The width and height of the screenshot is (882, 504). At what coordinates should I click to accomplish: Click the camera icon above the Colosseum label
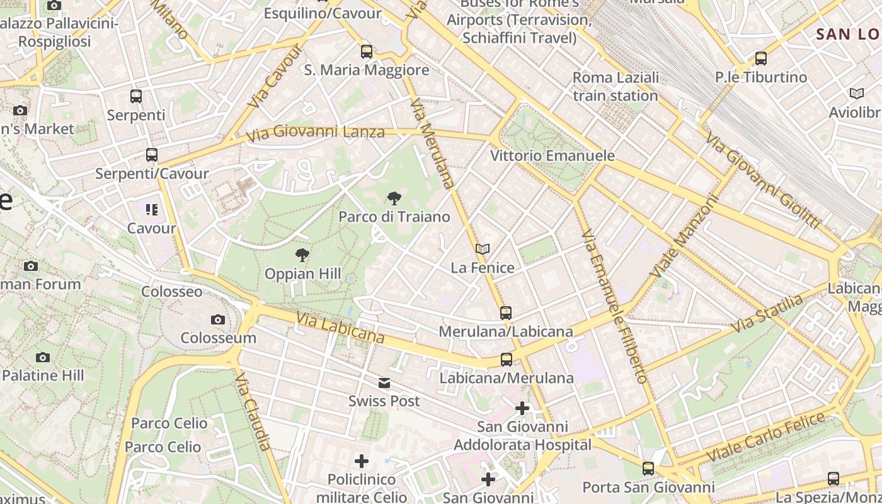pyautogui.click(x=218, y=319)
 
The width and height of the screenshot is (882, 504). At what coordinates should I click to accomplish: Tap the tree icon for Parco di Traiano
pyautogui.click(x=394, y=199)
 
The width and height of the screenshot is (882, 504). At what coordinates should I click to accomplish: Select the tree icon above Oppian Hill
pyautogui.click(x=302, y=255)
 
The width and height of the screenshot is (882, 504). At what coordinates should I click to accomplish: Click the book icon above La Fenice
pyautogui.click(x=483, y=249)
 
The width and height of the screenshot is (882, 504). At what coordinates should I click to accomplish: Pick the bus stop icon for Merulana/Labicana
pyautogui.click(x=505, y=312)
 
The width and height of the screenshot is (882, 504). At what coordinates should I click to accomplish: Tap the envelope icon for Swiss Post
pyautogui.click(x=384, y=383)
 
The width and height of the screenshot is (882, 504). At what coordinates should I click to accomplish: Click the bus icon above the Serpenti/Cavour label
pyautogui.click(x=151, y=155)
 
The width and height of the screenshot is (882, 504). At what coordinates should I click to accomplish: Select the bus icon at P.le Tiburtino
pyautogui.click(x=761, y=59)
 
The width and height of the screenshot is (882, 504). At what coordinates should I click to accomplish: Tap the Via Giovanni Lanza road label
pyautogui.click(x=315, y=134)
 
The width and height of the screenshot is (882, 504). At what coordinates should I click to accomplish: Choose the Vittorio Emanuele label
pyautogui.click(x=553, y=156)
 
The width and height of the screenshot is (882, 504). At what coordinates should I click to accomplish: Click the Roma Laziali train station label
pyautogui.click(x=616, y=86)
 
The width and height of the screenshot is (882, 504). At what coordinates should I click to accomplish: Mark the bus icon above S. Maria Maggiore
pyautogui.click(x=367, y=52)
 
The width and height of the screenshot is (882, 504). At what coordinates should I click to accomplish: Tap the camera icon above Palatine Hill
pyautogui.click(x=43, y=357)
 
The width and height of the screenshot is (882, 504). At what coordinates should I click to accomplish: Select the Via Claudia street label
pyautogui.click(x=253, y=411)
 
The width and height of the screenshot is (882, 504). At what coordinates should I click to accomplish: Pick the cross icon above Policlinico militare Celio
pyautogui.click(x=362, y=461)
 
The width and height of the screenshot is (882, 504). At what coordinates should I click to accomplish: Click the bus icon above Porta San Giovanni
pyautogui.click(x=648, y=468)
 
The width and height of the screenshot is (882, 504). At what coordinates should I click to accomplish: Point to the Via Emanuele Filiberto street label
pyautogui.click(x=614, y=306)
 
